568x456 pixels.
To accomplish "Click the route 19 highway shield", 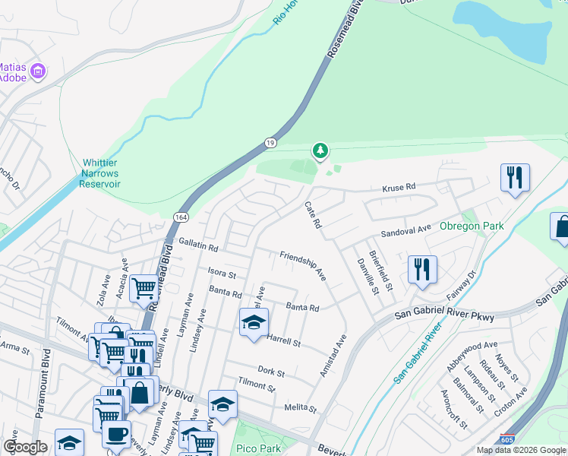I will point(270,142).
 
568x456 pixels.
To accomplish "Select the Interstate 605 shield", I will point(506,439).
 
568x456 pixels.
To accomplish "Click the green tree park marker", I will point(320,150).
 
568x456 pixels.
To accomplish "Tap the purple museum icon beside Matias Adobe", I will point(39,72).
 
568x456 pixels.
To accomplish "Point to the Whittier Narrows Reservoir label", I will point(101,173).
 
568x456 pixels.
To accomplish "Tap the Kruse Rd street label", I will point(399,187).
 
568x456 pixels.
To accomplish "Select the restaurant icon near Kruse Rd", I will point(515,178).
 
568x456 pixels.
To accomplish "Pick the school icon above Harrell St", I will point(254,322).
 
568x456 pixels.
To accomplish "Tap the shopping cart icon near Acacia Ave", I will point(144,288).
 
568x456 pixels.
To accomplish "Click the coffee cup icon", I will point(116,434).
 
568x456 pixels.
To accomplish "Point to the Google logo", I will point(26,447).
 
